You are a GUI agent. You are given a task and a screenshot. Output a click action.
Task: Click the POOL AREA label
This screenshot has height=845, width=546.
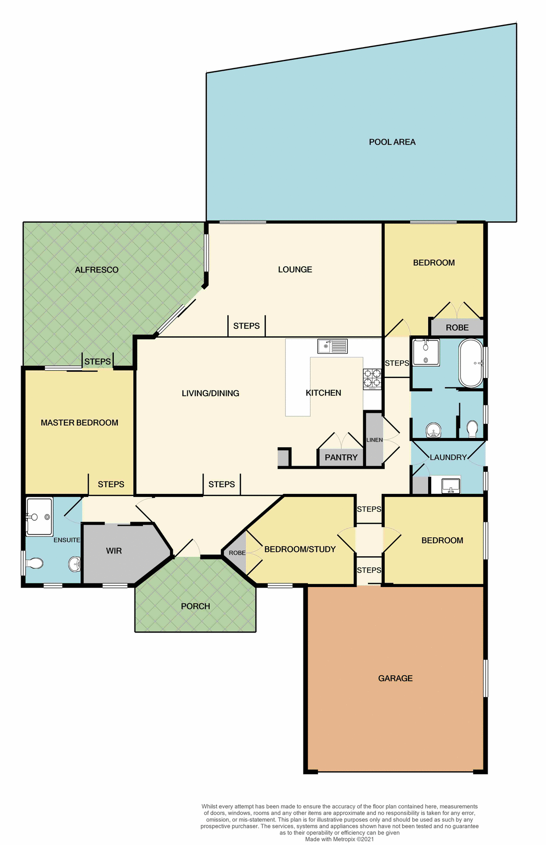(x=392, y=142)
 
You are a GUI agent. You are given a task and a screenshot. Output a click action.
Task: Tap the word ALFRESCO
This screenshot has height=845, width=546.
(x=97, y=270)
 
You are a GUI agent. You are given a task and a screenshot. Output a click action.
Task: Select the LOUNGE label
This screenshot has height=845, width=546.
(x=295, y=269)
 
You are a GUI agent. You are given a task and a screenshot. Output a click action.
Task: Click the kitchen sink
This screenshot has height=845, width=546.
(x=332, y=346)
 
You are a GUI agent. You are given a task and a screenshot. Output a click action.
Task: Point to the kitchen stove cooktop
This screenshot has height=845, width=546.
(x=372, y=378)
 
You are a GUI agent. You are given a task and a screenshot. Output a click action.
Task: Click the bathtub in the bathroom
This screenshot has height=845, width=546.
(x=471, y=363)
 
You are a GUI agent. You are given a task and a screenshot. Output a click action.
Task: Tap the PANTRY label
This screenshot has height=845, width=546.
(x=341, y=457)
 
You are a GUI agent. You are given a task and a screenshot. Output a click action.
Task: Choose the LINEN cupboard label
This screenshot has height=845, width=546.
(x=375, y=440)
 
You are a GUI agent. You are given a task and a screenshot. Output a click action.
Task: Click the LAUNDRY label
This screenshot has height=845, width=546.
(x=448, y=457)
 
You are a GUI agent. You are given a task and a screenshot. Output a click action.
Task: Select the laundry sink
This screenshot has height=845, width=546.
(x=451, y=486)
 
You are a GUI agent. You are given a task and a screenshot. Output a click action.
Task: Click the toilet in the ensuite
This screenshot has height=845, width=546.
(x=35, y=563)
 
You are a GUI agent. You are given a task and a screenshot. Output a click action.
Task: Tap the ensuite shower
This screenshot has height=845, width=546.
(x=40, y=516)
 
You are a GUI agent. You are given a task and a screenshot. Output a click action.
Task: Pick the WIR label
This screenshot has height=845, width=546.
(x=114, y=551)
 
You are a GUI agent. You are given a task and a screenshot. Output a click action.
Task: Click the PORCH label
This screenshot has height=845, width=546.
(x=196, y=606)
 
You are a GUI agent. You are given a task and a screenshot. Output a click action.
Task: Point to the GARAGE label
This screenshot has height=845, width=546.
(x=395, y=678)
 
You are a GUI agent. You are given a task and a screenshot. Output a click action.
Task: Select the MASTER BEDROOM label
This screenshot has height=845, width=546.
(x=80, y=422)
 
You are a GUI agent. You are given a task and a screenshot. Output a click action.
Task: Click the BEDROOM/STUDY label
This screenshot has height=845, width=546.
(x=300, y=549)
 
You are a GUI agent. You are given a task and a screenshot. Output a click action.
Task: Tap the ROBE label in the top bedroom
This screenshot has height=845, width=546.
(x=457, y=327)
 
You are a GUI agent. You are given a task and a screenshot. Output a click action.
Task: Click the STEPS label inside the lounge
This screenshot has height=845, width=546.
(x=246, y=326)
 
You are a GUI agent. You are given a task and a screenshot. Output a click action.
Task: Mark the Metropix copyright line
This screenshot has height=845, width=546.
(x=339, y=839)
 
